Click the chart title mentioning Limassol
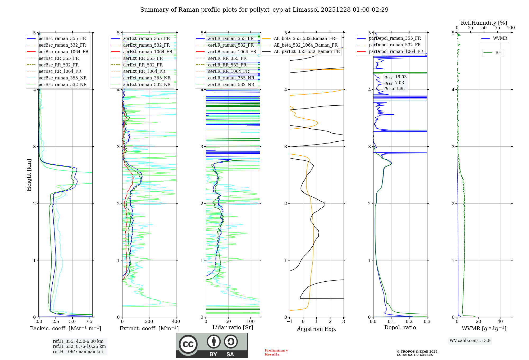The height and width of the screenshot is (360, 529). point(264,10)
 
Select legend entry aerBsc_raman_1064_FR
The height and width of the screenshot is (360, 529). point(63,52)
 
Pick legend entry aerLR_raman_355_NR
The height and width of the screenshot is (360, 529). point(231,78)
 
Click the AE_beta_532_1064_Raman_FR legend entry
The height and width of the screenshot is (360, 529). point(305,45)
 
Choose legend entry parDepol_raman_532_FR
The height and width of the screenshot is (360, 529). point(395,45)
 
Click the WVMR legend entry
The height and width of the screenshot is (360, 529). point(500,38)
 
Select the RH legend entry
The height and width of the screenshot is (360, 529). point(498,53)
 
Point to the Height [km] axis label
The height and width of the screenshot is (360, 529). point(29,175)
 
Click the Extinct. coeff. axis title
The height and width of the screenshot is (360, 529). point(149,328)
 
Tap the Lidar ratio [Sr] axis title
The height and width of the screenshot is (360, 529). point(233,327)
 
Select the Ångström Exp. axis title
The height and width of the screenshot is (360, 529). point(317,329)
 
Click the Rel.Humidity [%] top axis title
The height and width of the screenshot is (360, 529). point(484,23)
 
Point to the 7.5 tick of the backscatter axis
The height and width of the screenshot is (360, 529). point(89,322)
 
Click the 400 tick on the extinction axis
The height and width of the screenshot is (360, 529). point(176,322)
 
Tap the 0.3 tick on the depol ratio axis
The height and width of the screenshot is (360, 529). point(427,322)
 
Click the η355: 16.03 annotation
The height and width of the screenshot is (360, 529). point(395,77)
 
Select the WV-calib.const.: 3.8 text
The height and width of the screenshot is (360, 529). point(470,341)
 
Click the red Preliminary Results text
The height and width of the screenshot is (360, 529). point(276,352)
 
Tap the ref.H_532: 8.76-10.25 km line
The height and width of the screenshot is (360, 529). point(79,346)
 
